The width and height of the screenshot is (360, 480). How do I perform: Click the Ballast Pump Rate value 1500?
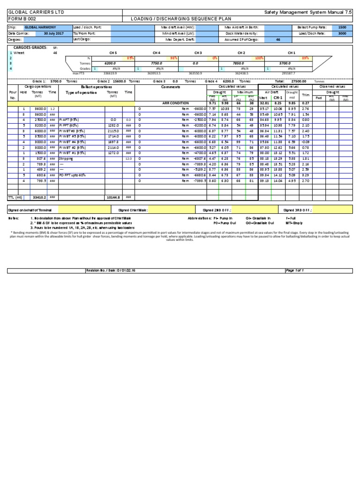point(342,28)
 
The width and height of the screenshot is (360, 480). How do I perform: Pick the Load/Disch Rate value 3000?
point(342,34)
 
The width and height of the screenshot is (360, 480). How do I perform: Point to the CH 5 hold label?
point(113,53)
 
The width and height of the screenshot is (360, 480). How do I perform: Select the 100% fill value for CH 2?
point(258,58)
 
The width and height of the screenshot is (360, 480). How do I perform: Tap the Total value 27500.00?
point(299,81)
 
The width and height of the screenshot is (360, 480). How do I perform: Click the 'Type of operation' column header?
point(81,93)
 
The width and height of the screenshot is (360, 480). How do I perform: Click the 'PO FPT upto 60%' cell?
point(75,175)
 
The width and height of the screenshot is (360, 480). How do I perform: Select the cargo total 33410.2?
point(39,197)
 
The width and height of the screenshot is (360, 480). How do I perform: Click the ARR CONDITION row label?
point(175,103)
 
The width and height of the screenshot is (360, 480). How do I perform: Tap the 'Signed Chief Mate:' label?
point(133,210)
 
